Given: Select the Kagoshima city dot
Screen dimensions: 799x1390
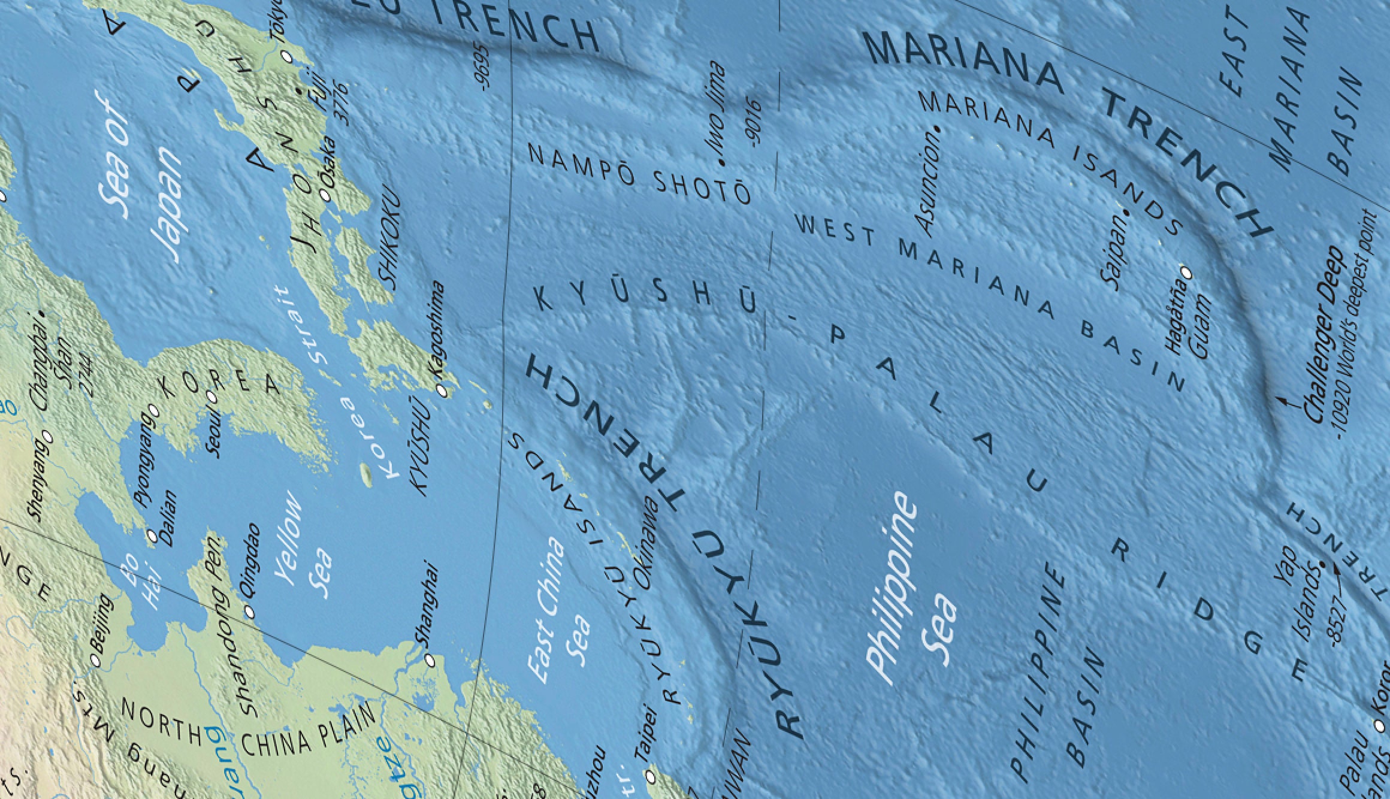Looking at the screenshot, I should pos(442,391).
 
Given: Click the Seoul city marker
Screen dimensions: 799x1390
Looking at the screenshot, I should pos(211,396).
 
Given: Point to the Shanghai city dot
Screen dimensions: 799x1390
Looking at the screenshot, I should pos(429,660).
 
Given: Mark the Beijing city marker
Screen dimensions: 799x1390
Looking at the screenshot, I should pos(95,659).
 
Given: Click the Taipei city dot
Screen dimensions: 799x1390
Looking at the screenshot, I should pos(651,777).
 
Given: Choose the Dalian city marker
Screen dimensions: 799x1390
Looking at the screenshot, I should pos(152,536).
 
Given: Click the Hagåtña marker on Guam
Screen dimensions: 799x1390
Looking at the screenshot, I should pos(1186,274).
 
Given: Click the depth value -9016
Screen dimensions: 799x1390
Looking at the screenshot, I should pos(753,123).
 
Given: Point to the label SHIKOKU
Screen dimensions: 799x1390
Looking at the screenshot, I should pos(390,245).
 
